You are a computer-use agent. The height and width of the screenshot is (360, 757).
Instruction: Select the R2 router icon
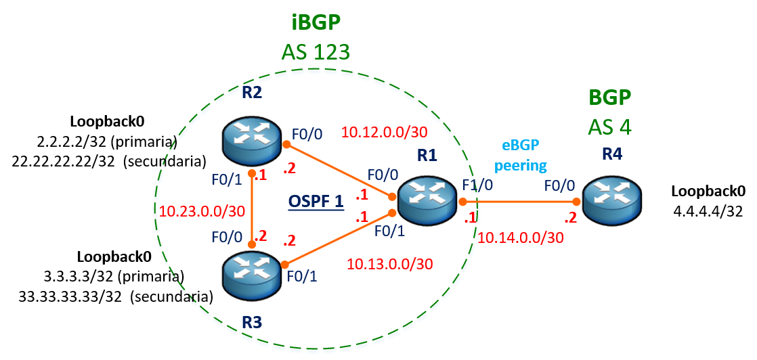pos(252,141)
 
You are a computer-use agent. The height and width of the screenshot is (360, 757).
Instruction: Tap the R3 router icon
pos(252,274)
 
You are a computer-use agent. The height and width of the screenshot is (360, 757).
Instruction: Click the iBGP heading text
pos(316,22)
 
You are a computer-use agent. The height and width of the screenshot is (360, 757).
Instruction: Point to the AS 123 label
pos(316,51)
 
